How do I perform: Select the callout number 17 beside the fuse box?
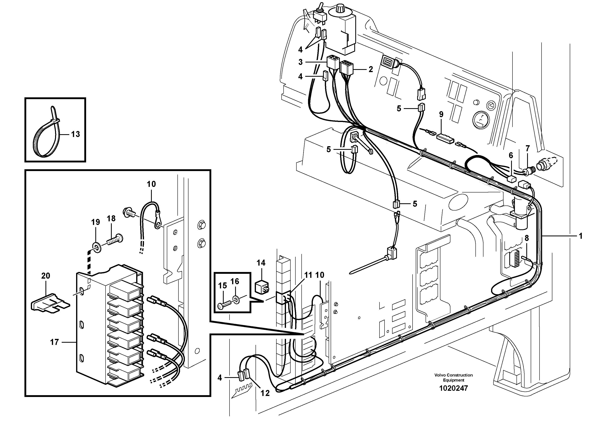(54, 342)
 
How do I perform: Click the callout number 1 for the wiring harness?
(581, 236)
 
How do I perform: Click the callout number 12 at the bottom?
(265, 393)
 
